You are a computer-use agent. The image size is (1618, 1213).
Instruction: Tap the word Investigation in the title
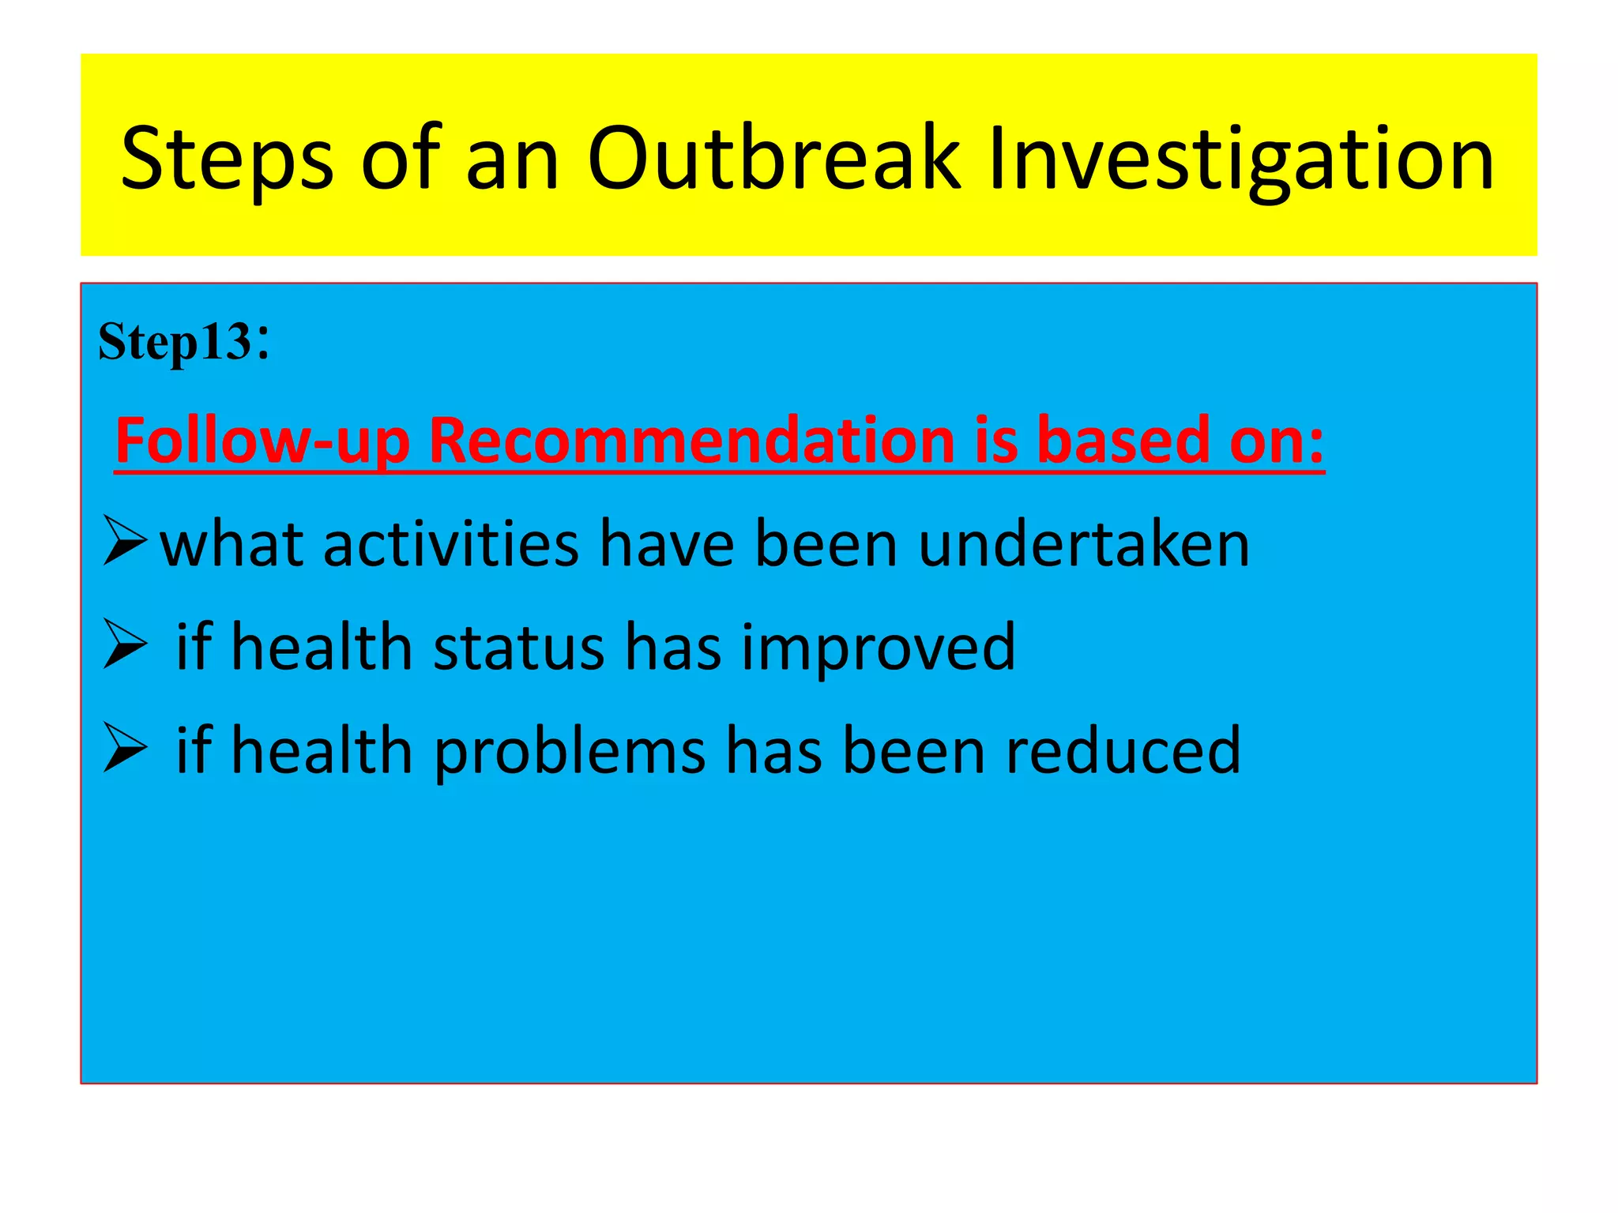coord(1240,160)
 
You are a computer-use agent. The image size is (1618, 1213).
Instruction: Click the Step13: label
coord(183,342)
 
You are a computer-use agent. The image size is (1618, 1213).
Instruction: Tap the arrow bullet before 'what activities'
coord(125,541)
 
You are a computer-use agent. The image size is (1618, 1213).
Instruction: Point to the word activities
coord(451,544)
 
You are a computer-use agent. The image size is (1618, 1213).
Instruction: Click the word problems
coord(570,752)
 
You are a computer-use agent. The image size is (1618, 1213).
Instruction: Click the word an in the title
coord(513,160)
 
